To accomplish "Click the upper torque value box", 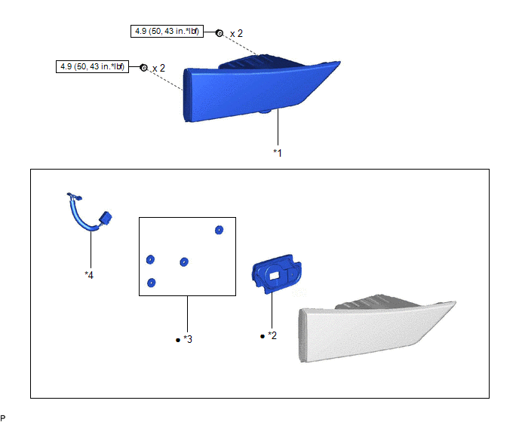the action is [167, 31].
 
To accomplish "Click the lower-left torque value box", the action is [92, 66].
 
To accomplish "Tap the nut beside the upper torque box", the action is [219, 33].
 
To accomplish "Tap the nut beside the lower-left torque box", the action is [143, 68].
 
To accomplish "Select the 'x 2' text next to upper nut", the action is [236, 33].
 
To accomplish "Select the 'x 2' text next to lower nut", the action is [158, 68].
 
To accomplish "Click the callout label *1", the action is [278, 153].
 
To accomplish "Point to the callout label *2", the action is [272, 335].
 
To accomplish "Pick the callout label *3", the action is [188, 339].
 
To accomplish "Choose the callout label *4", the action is [89, 275].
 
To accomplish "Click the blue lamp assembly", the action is [258, 89].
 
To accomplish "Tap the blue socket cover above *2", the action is [277, 274].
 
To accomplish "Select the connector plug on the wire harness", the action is [105, 219].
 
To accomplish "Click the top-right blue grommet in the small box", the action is [219, 230].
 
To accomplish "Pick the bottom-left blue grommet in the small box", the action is [151, 283].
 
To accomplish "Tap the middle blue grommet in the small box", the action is [184, 262].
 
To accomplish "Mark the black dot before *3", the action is [178, 340].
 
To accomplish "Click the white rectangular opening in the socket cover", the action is [274, 275].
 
